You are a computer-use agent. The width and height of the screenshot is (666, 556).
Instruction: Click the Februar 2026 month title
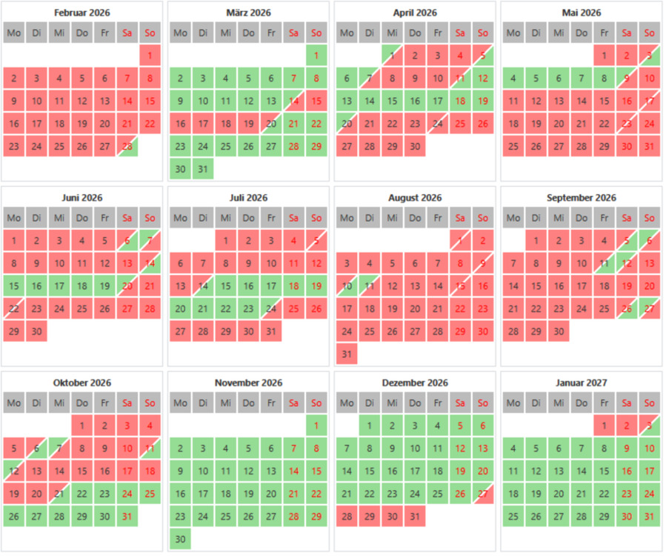click(81, 13)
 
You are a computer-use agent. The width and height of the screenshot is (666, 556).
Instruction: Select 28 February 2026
click(127, 145)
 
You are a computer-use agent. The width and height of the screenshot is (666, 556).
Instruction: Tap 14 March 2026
click(294, 101)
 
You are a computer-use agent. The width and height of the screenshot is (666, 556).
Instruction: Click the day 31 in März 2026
click(203, 168)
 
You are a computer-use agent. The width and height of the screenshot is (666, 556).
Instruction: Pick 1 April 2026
click(393, 56)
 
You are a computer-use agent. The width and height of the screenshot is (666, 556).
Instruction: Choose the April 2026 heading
click(415, 13)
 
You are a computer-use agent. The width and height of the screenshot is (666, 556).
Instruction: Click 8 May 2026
click(604, 78)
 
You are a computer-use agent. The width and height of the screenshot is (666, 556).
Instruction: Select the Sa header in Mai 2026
click(627, 33)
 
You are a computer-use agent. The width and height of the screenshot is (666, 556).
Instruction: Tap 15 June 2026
click(14, 285)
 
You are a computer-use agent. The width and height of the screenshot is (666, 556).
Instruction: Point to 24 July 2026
click(271, 308)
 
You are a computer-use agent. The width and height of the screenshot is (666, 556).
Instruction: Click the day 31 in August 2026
click(347, 354)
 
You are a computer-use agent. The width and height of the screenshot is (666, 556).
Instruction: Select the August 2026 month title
click(415, 198)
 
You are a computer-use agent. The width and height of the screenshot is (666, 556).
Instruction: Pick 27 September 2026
click(649, 308)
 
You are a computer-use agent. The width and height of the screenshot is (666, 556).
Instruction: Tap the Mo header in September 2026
click(513, 218)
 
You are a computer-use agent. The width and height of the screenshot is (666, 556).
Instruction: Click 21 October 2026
click(59, 494)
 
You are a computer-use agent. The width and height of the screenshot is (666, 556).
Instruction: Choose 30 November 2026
click(180, 539)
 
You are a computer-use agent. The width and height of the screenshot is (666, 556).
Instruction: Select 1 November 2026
click(316, 426)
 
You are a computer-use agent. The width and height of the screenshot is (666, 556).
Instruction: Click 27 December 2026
click(482, 494)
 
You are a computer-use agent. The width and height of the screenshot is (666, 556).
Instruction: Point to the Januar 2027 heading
click(582, 383)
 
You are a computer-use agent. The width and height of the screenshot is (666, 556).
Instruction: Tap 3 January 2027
click(649, 426)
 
